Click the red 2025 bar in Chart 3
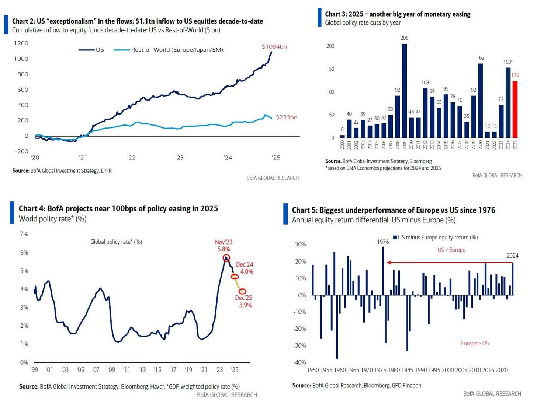click(515, 109)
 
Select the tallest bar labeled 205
click(405, 91)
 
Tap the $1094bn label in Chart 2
click(274, 47)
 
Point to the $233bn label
click(287, 117)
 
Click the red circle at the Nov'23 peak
click(226, 258)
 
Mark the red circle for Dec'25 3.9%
click(242, 291)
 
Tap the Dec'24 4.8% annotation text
click(245, 268)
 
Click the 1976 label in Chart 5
click(383, 242)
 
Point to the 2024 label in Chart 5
click(512, 256)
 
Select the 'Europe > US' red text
click(475, 343)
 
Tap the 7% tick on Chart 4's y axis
click(24, 234)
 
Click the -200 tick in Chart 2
click(21, 151)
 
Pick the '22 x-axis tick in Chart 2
click(131, 158)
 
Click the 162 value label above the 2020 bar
click(480, 58)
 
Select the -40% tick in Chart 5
click(299, 362)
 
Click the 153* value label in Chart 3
click(508, 62)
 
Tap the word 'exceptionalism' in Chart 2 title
click(71, 21)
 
